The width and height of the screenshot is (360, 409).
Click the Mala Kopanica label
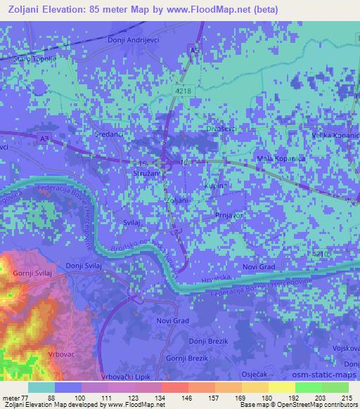(281, 159)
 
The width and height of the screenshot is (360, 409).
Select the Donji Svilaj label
(84, 266)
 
